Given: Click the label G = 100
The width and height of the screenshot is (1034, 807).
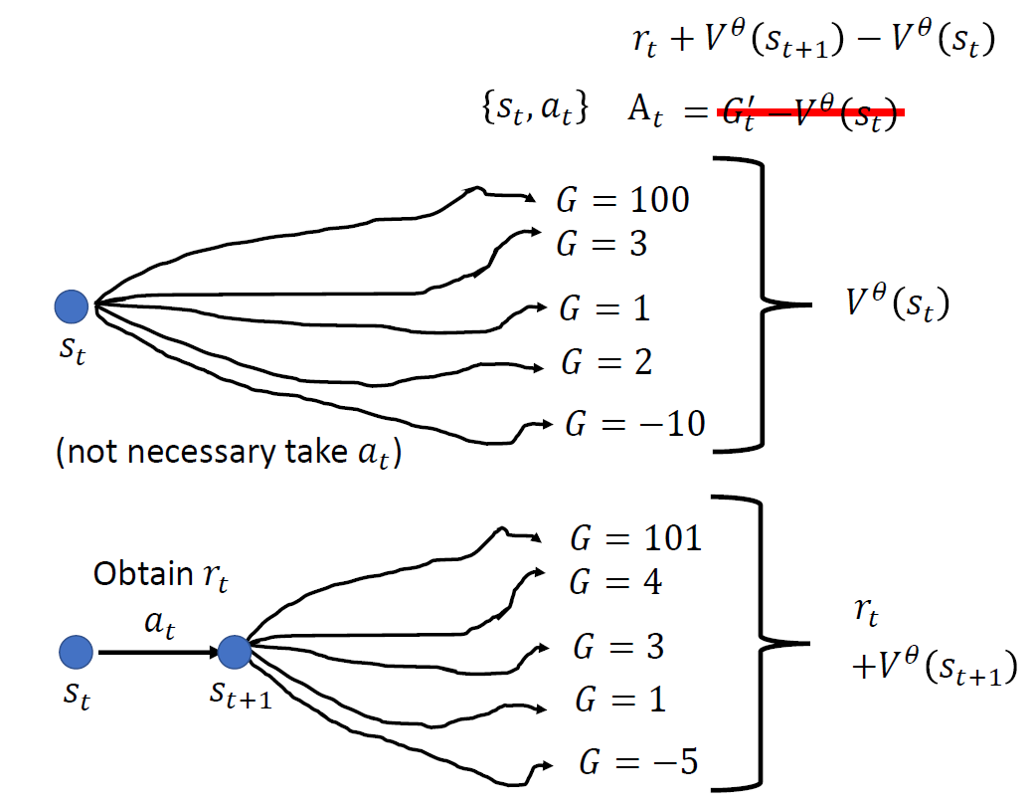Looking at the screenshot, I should click(621, 200).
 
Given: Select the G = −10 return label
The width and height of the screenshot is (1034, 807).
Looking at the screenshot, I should click(634, 424).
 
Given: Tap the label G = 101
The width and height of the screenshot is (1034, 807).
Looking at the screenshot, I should click(635, 538).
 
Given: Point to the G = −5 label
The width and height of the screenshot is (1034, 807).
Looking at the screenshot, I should click(638, 763).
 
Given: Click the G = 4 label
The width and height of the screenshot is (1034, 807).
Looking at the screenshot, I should click(616, 582).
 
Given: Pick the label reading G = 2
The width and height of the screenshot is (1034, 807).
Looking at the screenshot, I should click(605, 362).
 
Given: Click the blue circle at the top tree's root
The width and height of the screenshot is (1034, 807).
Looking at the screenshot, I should click(72, 305).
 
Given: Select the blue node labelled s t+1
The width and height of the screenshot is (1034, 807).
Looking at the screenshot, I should click(235, 653).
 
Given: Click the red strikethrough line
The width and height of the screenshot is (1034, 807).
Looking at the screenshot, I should click(810, 113).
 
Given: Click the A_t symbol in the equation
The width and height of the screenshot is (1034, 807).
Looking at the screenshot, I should click(645, 109).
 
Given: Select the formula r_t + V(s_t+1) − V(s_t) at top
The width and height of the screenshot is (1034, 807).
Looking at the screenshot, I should click(806, 41).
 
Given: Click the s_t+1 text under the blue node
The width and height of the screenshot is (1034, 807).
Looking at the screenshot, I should click(241, 694).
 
